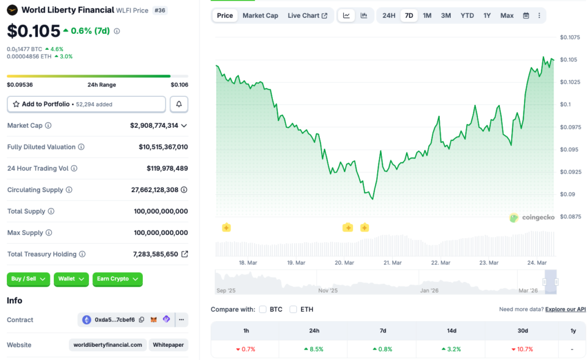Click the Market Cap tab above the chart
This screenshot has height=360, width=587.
(260, 15)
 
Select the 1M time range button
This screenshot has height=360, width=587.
(427, 15)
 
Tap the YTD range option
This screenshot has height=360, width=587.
(467, 15)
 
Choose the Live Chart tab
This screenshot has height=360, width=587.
(307, 15)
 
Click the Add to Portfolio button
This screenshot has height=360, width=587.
(87, 104)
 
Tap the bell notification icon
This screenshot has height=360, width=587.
(179, 104)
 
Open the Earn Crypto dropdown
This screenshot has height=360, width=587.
(117, 279)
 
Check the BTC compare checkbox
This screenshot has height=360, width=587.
(263, 310)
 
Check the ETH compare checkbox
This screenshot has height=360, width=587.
(293, 310)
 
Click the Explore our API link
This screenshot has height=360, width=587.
(565, 310)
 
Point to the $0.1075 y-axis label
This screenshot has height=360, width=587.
(570, 37)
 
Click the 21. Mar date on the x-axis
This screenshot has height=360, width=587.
(392, 263)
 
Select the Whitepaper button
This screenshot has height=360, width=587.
(168, 345)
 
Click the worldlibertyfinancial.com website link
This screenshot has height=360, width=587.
(107, 345)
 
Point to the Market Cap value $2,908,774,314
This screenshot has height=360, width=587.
(154, 126)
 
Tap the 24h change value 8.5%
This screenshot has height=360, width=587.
(314, 349)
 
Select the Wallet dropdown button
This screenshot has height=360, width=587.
(71, 279)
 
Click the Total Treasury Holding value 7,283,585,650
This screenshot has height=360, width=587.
(155, 254)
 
